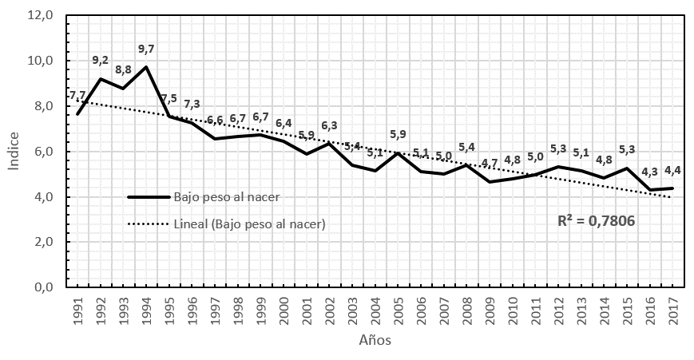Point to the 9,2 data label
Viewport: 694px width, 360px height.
click(101, 61)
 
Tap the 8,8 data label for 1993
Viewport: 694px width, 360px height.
click(123, 69)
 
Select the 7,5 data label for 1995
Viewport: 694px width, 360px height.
click(169, 99)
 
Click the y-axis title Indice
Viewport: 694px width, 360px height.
click(14, 152)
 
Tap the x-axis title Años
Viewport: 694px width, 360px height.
click(374, 340)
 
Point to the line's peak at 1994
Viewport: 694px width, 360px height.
click(146, 66)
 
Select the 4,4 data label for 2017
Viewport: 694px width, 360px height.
click(672, 171)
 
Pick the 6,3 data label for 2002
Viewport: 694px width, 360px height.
click(328, 125)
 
